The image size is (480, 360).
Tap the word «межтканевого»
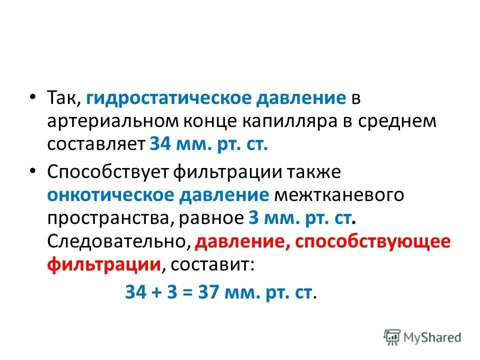point(338,195)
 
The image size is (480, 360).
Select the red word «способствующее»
point(373,242)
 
